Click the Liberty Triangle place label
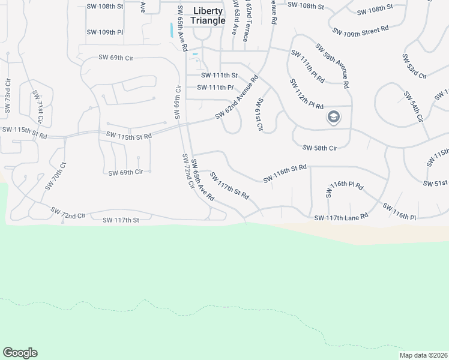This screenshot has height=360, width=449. [209, 16]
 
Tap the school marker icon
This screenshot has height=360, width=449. [333, 117]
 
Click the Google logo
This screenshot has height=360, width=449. [20, 353]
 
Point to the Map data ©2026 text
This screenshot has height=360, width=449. [423, 355]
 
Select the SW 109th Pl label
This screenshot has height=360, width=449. [104, 32]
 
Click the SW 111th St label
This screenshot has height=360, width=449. [220, 75]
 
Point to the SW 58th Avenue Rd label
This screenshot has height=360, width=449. [332, 66]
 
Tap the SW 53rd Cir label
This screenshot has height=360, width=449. [414, 66]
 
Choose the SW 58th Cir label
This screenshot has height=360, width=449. [320, 148]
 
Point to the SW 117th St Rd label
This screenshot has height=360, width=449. [229, 186]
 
